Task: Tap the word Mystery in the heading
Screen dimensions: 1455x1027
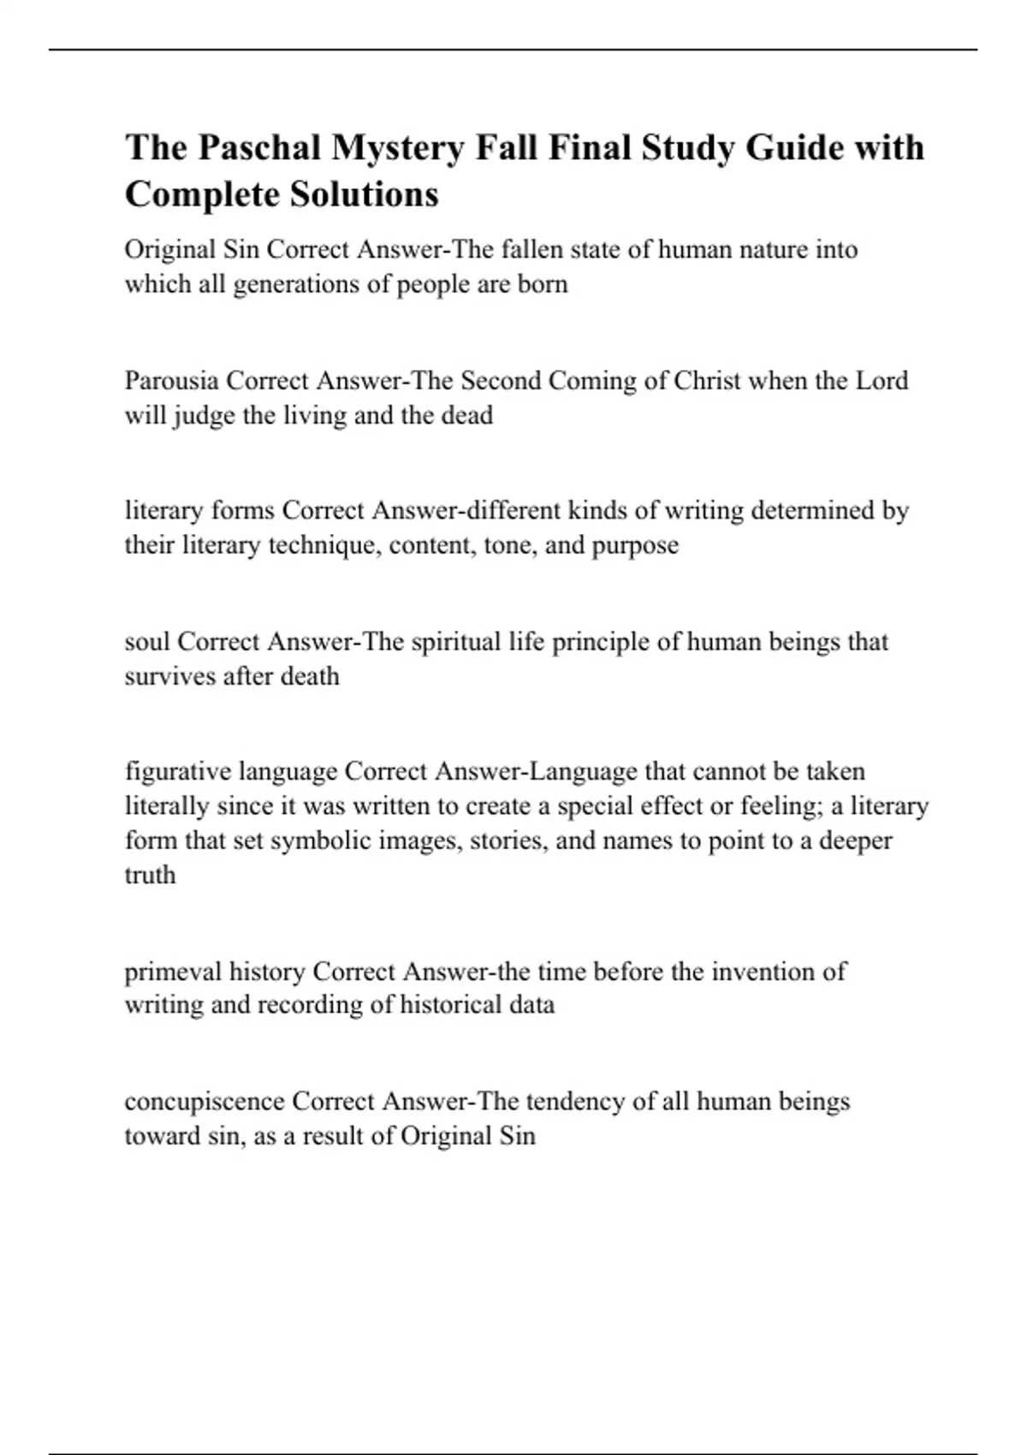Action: (x=398, y=148)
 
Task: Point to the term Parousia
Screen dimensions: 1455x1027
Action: (x=171, y=380)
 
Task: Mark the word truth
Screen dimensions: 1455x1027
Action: (x=150, y=875)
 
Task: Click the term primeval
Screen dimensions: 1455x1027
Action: (x=172, y=971)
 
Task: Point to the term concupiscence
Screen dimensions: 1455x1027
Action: (x=204, y=1102)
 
